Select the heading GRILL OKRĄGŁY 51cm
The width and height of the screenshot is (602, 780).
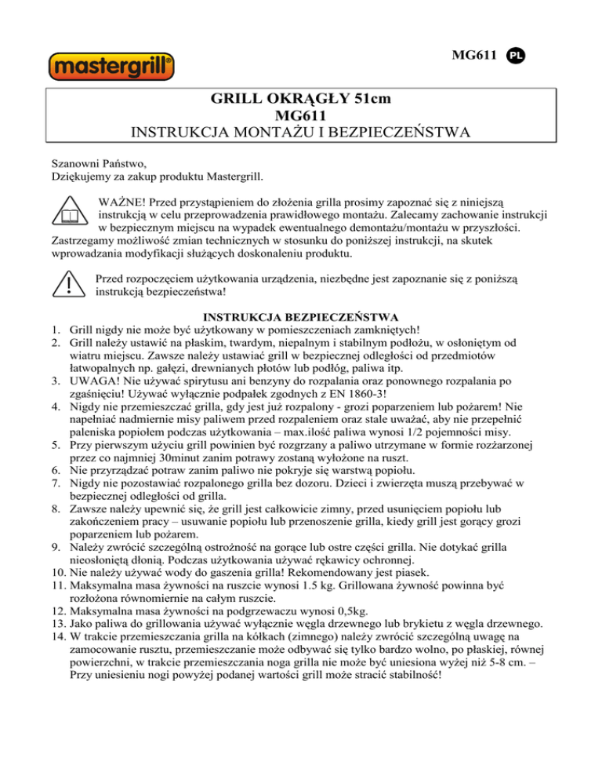click(301, 100)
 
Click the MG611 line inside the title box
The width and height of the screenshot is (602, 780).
click(301, 118)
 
